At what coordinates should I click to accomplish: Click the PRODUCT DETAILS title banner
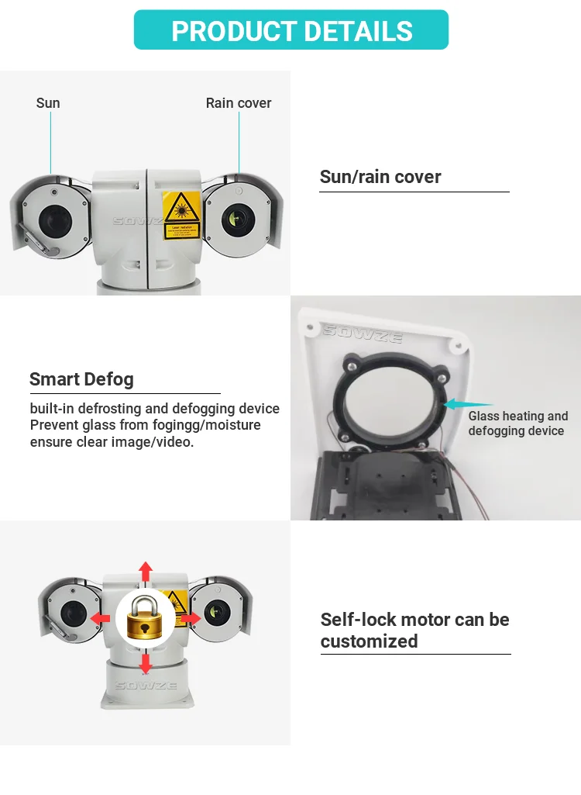291,30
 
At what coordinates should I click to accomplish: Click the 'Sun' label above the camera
48,103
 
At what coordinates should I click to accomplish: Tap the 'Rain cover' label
239,103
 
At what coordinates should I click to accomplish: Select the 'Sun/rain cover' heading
380,177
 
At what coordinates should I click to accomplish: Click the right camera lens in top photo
235,217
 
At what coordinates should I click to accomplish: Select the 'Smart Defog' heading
81,379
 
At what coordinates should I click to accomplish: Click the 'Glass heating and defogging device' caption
517,423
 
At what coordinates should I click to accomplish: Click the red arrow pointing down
145,663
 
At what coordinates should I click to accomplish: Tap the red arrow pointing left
99,617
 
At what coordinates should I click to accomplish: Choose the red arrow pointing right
191,617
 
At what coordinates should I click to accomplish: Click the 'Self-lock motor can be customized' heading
414,630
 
